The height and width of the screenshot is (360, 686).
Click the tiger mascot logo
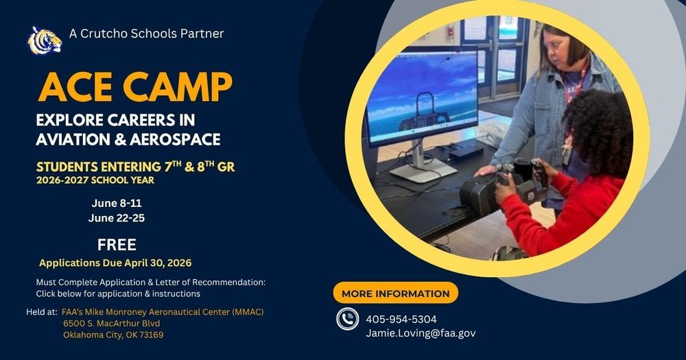pos(44,40)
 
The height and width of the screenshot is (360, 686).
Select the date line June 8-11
pos(117,203)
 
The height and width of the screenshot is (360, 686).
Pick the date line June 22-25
pos(117,218)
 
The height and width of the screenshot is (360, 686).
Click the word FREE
pos(117,245)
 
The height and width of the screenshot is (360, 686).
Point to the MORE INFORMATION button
pos(395,293)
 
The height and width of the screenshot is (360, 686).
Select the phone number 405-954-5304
pos(401,319)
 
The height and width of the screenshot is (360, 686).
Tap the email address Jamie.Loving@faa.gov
pos(421,333)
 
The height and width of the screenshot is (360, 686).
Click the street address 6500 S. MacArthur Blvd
pos(111,323)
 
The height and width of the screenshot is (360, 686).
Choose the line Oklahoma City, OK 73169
pos(113,335)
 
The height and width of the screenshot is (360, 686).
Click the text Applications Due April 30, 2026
pos(115,263)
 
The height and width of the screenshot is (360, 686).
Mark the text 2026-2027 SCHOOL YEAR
pos(95,180)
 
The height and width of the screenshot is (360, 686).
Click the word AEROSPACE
pos(178,140)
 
